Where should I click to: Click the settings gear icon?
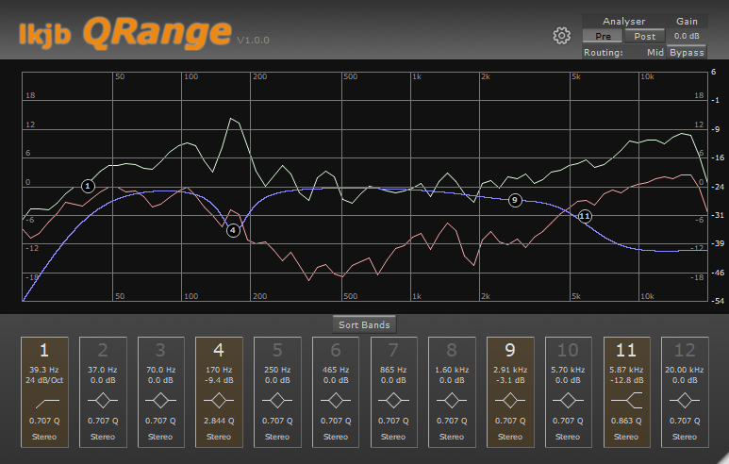tap(561, 36)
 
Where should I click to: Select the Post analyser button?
tap(644, 37)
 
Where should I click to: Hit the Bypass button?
tap(687, 52)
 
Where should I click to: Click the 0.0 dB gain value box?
tap(686, 37)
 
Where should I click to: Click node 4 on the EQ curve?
tap(233, 229)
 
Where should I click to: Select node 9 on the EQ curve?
tap(514, 200)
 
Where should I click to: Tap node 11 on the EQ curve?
tap(585, 216)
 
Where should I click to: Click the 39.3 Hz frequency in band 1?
tap(43, 370)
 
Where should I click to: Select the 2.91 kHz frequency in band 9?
tap(509, 370)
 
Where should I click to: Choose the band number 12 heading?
tap(684, 352)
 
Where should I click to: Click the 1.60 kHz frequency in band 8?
tap(451, 370)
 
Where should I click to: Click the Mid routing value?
tap(654, 53)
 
